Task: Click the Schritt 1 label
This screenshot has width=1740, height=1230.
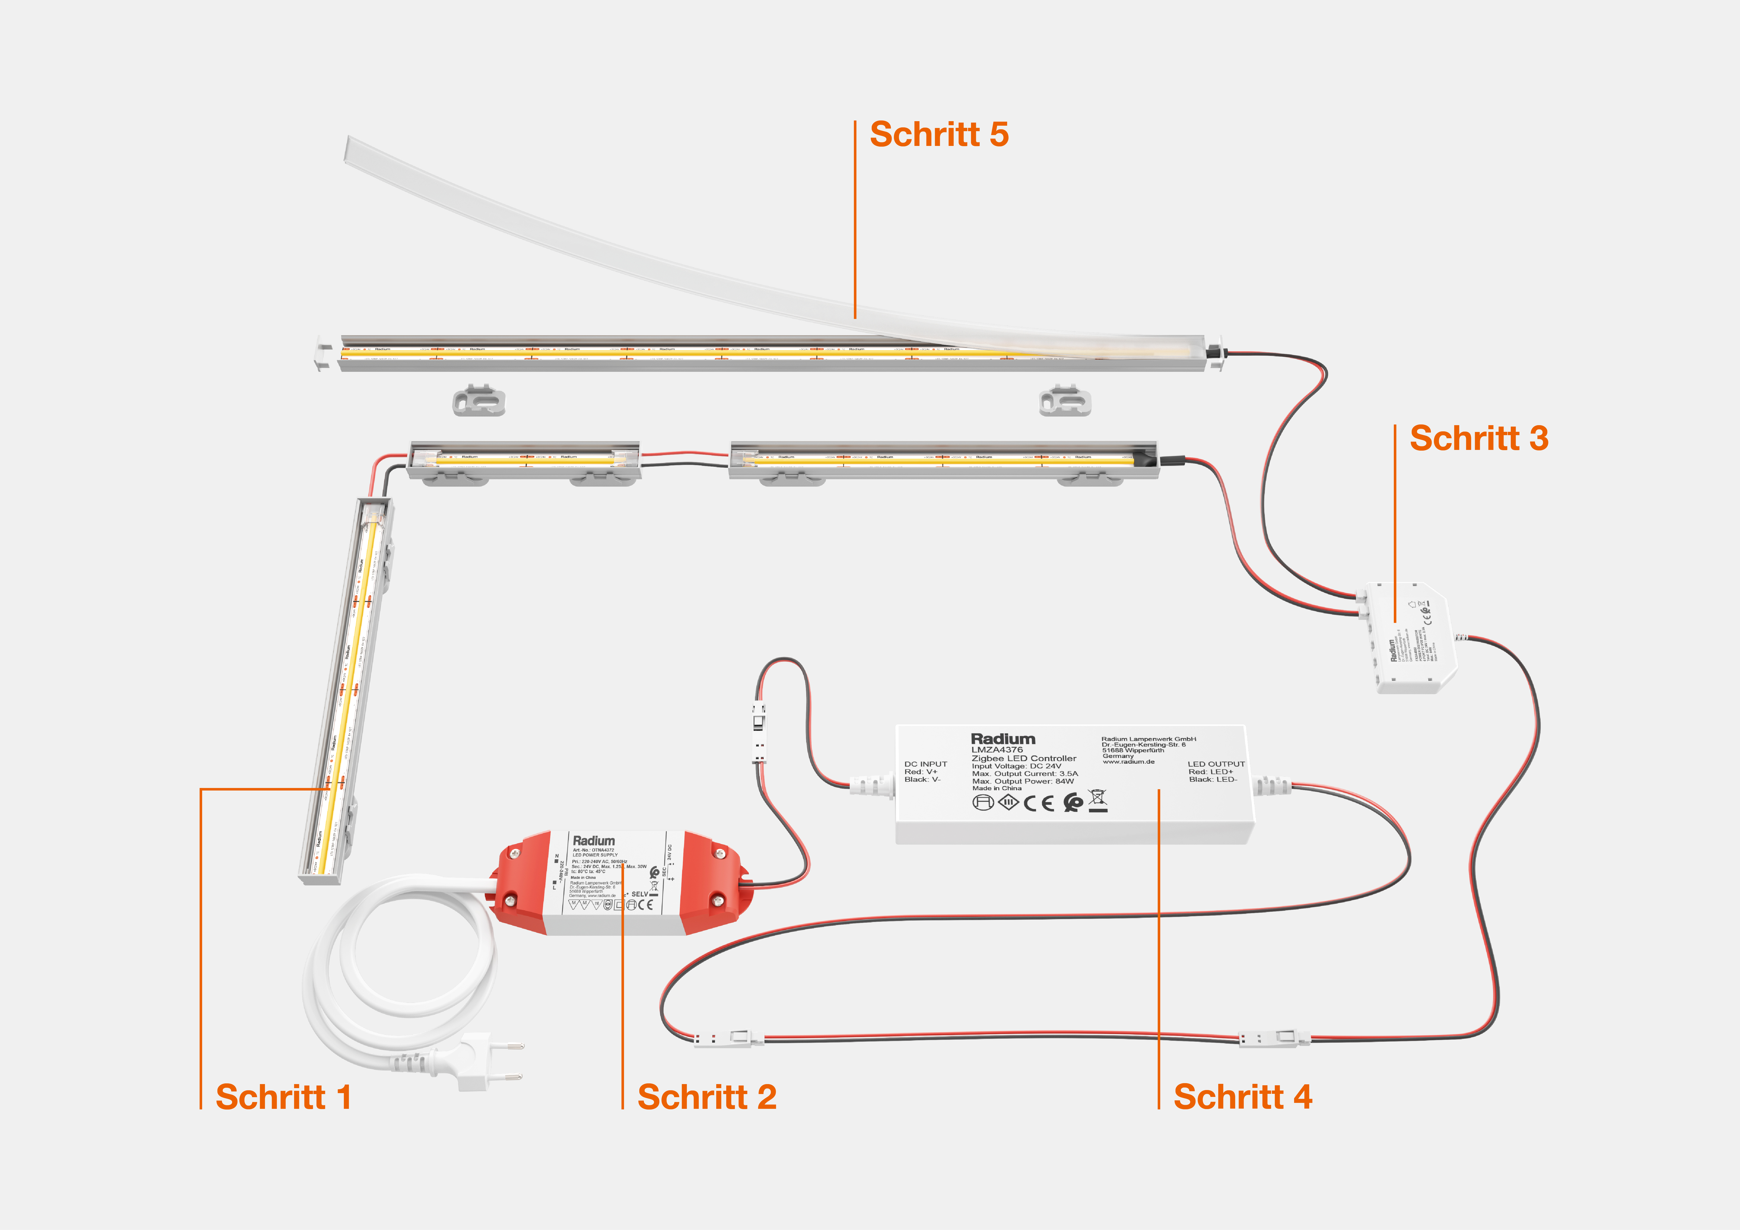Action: tap(283, 1097)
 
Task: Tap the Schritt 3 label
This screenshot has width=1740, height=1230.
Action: tap(1479, 438)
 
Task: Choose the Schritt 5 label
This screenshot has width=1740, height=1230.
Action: tap(939, 134)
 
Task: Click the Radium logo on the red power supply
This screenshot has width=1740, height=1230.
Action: tap(593, 841)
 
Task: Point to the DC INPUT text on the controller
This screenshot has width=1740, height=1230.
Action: tap(925, 764)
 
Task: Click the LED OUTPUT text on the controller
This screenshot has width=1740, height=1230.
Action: tap(1215, 764)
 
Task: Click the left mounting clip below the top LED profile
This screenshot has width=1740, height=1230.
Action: tap(478, 400)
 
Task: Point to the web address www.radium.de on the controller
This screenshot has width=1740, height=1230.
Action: tap(1128, 762)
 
